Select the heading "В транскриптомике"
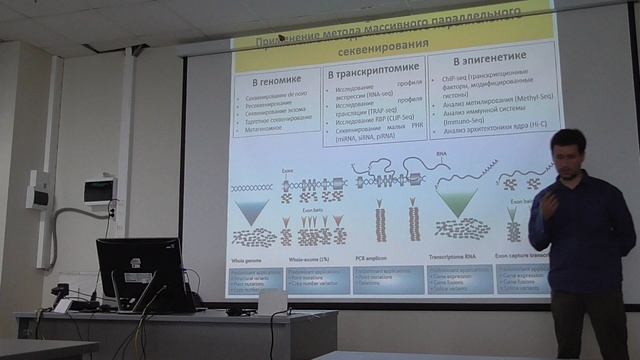(371, 74)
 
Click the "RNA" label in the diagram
(441, 156)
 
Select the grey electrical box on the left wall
(38, 190)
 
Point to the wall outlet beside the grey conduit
(112, 209)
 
